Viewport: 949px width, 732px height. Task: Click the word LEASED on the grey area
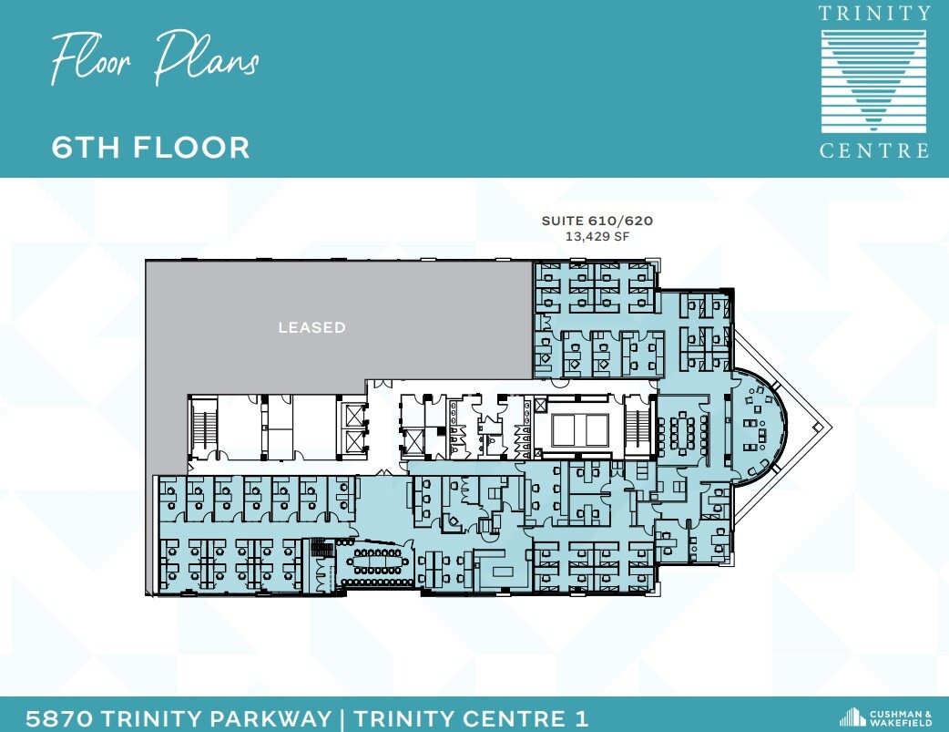[311, 327]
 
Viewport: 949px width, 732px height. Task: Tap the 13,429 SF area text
[597, 237]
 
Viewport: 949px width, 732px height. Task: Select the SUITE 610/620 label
[597, 221]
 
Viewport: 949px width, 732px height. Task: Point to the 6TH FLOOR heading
[150, 147]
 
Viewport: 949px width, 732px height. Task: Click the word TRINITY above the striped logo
[874, 13]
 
